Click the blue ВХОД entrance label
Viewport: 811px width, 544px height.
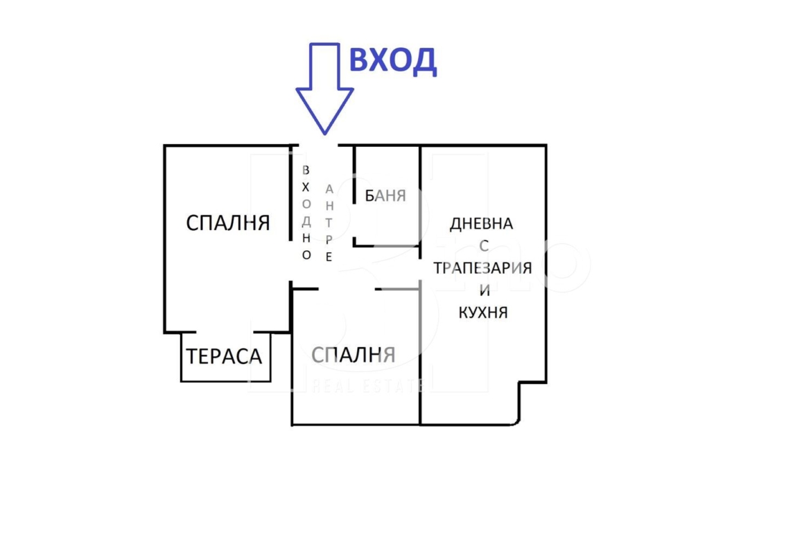[393, 61]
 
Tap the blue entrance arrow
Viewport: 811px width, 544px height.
[324, 89]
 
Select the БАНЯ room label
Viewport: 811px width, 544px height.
[385, 195]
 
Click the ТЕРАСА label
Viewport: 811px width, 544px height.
[224, 356]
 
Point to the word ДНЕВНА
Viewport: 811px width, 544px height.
[482, 223]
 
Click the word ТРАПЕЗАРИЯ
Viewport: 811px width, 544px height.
[482, 268]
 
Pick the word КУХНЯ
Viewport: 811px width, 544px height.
[483, 313]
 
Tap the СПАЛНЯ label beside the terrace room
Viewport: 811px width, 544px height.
[227, 223]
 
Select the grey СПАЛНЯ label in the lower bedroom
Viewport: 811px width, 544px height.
[354, 355]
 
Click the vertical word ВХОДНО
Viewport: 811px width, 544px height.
[306, 212]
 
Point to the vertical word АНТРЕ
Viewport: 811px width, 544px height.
[329, 222]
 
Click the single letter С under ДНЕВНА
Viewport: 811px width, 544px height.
[484, 245]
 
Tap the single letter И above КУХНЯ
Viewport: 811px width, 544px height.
[485, 290]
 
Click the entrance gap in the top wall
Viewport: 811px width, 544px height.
[318, 146]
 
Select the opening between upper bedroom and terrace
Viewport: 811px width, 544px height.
[225, 332]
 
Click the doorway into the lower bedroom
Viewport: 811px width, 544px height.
[347, 288]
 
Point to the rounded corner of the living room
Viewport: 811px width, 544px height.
[516, 421]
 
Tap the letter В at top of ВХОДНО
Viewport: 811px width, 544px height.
[306, 170]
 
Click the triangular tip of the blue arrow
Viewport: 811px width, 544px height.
[325, 134]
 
